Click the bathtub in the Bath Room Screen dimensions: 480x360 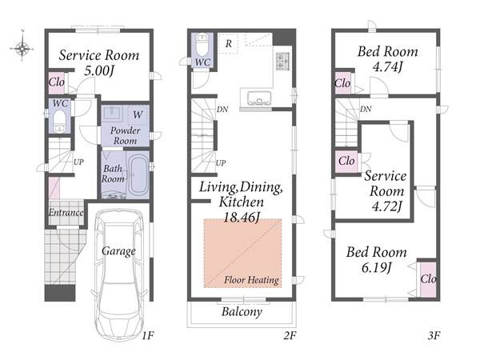click(x=138, y=175)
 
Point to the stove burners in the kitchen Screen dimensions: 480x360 click(x=282, y=61)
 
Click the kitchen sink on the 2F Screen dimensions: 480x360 click(x=259, y=98)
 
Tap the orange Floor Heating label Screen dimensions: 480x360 click(x=251, y=280)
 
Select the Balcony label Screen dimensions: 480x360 click(x=242, y=312)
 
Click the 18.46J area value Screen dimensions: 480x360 click(x=242, y=218)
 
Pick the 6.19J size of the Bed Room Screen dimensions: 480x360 click(x=376, y=268)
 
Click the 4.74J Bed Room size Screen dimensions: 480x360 click(x=387, y=66)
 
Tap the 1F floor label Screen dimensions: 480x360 click(x=147, y=336)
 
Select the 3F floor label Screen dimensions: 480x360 click(x=434, y=336)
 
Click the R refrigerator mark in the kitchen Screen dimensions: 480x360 click(x=229, y=44)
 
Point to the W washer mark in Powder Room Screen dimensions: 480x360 click(x=138, y=114)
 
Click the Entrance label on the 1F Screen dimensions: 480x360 click(x=66, y=212)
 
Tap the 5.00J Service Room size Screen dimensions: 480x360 click(x=99, y=71)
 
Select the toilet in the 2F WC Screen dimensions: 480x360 click(x=202, y=45)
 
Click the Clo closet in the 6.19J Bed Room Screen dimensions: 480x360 click(x=428, y=278)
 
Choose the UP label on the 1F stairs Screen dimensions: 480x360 click(x=78, y=162)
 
